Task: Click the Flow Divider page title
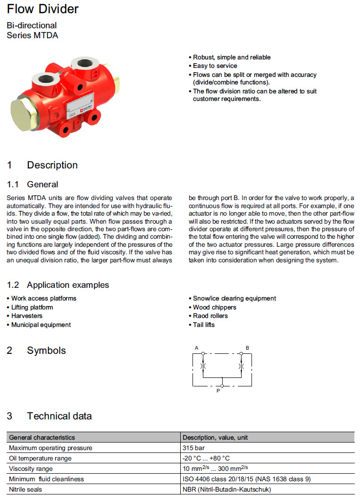pyautogui.click(x=42, y=9)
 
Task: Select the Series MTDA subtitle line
pyautogui.click(x=33, y=35)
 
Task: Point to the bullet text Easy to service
pyautogui.click(x=215, y=66)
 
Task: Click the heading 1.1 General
pyautogui.click(x=33, y=184)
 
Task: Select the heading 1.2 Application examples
pyautogui.click(x=58, y=285)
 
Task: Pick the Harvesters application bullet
pyautogui.click(x=26, y=316)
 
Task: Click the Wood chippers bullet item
pyautogui.click(x=214, y=307)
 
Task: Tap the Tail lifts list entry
pyautogui.click(x=203, y=325)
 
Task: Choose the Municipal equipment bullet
pyautogui.click(x=41, y=325)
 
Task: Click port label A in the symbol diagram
pyautogui.click(x=196, y=348)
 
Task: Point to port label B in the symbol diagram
pyautogui.click(x=247, y=348)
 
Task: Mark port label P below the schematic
pyautogui.click(x=218, y=391)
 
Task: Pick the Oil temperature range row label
pyautogui.click(x=40, y=458)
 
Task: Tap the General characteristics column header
pyautogui.click(x=42, y=437)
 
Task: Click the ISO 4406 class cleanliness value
pyautogui.click(x=246, y=479)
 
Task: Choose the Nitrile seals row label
pyautogui.click(x=26, y=490)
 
